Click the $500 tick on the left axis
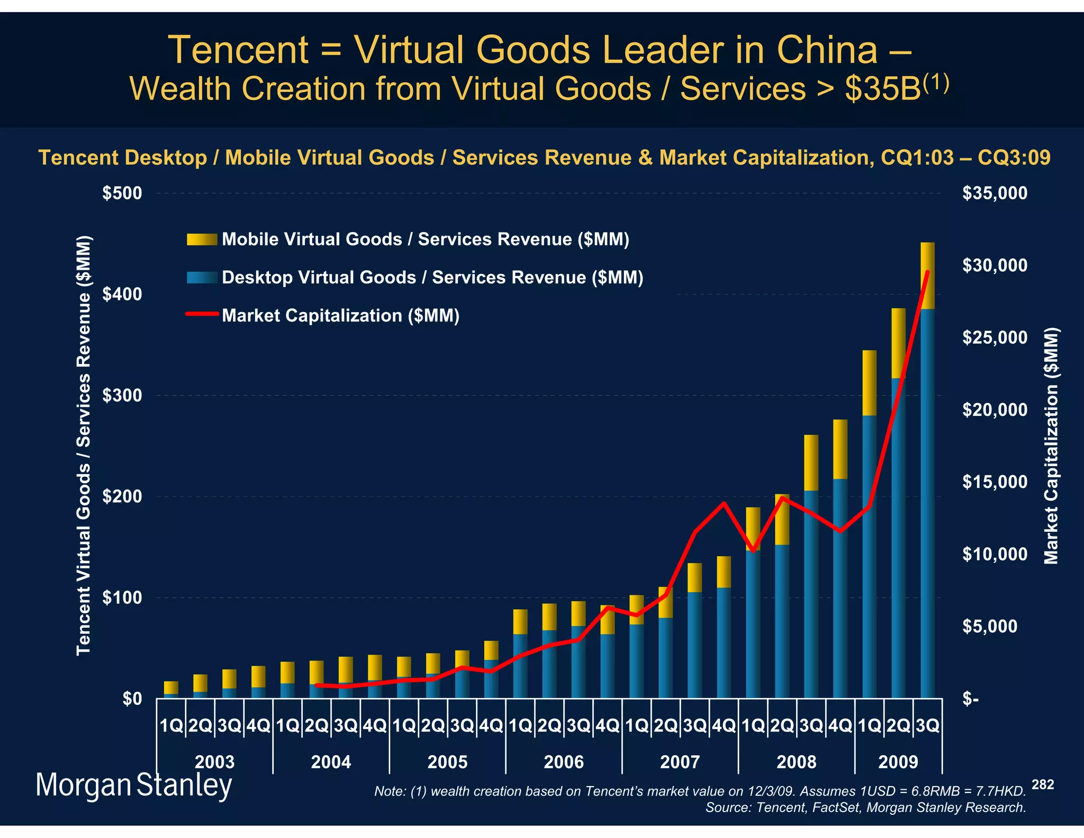pyautogui.click(x=122, y=193)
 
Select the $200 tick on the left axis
pyautogui.click(x=122, y=497)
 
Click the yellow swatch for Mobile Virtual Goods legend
pyautogui.click(x=202, y=239)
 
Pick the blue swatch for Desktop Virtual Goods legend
pyautogui.click(x=202, y=278)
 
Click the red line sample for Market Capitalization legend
pyautogui.click(x=202, y=314)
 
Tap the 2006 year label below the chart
pyautogui.click(x=564, y=762)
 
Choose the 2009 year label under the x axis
pyautogui.click(x=898, y=762)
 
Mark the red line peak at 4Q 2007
pyautogui.click(x=724, y=503)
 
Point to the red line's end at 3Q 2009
pyautogui.click(x=927, y=272)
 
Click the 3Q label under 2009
pyautogui.click(x=927, y=726)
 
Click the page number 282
pyautogui.click(x=1042, y=784)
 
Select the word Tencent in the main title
pyautogui.click(x=238, y=50)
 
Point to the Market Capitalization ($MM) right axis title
pyautogui.click(x=1051, y=446)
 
